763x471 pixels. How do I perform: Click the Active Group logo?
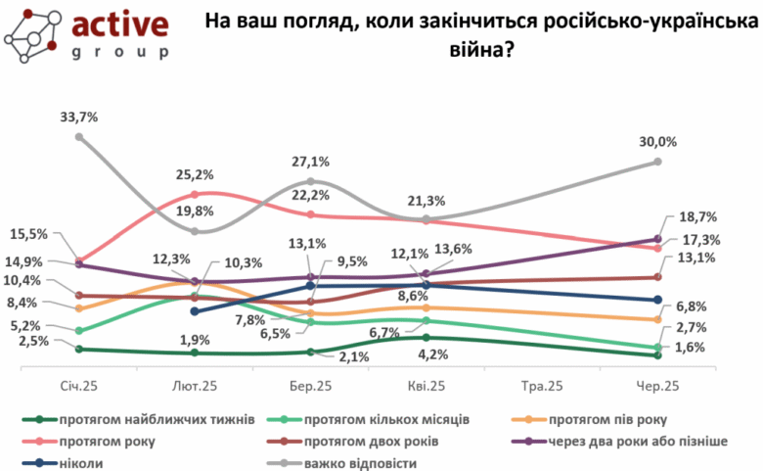85,35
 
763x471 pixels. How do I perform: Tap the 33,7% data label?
79,117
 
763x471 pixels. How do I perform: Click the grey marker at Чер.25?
657,162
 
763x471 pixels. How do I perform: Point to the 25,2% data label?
196,176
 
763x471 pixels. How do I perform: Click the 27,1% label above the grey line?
310,163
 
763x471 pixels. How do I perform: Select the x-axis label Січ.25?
80,388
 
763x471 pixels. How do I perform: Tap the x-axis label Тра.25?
542,388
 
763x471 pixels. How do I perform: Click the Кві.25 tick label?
426,388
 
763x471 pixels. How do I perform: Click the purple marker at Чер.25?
657,239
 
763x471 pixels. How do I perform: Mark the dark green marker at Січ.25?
80,349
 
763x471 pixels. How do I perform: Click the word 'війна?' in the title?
478,46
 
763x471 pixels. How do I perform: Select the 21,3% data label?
428,202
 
